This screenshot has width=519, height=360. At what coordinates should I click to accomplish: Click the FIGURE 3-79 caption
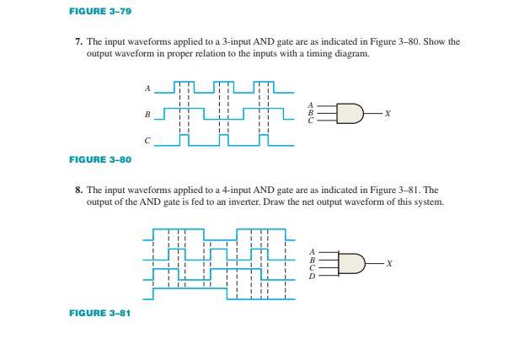pos(99,11)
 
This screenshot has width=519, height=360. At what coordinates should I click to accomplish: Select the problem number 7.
pos(78,40)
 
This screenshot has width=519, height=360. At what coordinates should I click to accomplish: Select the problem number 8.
pos(78,191)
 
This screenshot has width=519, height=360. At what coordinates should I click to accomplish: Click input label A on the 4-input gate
pos(313,251)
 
